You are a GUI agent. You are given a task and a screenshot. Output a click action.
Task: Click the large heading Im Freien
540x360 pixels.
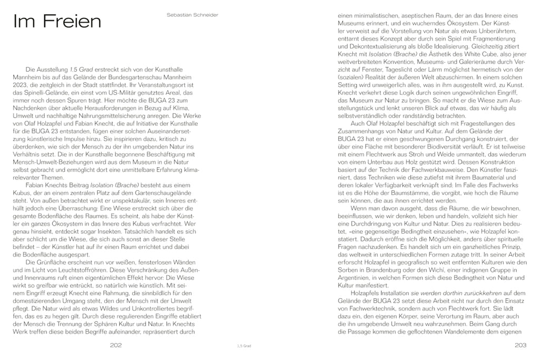coord(56,22)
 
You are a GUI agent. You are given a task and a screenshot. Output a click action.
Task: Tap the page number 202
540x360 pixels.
coord(117,345)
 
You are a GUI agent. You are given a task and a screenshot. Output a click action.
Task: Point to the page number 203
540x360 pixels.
coord(522,345)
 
